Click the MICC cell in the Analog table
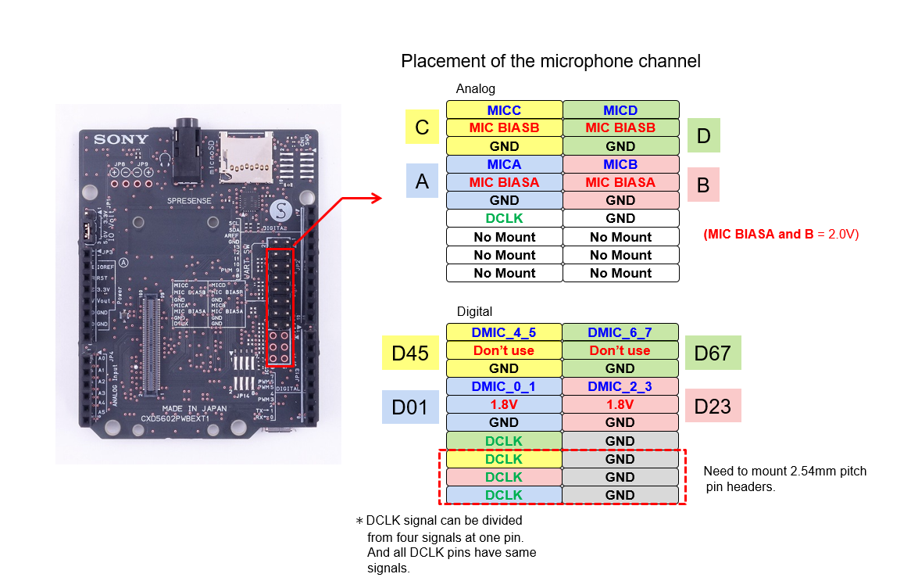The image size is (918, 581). (x=504, y=109)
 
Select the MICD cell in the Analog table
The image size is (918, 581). (x=620, y=109)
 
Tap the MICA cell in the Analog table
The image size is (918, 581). (x=504, y=164)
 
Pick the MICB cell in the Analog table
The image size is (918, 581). (x=620, y=164)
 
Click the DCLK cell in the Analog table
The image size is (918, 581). (x=504, y=218)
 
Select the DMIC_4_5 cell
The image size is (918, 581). (x=504, y=332)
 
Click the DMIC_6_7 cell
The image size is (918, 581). (x=620, y=332)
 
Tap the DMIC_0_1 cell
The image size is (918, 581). (x=504, y=386)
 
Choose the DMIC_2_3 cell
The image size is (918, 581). (x=620, y=386)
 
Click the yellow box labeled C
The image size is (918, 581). (x=422, y=127)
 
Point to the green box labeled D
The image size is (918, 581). (x=703, y=136)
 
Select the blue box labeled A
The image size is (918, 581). (x=422, y=181)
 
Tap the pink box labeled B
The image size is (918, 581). (x=702, y=185)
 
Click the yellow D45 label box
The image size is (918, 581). (x=410, y=353)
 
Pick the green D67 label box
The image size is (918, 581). (x=713, y=353)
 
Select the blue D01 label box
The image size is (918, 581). (x=410, y=407)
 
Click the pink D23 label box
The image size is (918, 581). (x=713, y=407)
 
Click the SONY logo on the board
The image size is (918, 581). (x=120, y=140)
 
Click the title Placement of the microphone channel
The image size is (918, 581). (x=550, y=61)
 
